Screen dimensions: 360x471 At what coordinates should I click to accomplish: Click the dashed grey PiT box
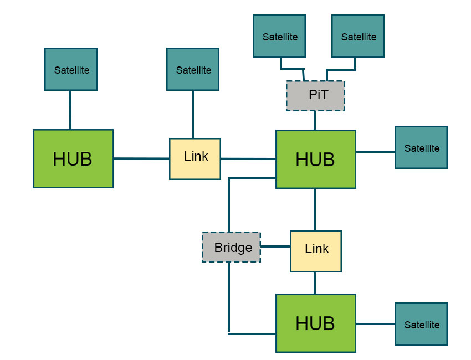click(x=315, y=96)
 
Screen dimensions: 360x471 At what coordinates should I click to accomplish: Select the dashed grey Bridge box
click(x=231, y=247)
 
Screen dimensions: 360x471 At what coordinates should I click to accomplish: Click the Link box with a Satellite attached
click(x=195, y=159)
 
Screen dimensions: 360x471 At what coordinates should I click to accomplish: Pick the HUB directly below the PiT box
click(x=315, y=160)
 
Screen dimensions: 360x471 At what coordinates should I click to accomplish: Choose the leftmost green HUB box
click(x=73, y=159)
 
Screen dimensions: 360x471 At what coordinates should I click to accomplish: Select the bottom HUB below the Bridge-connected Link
click(x=315, y=323)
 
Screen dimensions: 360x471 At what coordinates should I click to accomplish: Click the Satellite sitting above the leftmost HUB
click(x=71, y=69)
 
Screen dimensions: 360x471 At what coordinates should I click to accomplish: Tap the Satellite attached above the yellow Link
click(x=193, y=69)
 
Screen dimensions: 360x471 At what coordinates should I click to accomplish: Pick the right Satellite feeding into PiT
click(x=358, y=36)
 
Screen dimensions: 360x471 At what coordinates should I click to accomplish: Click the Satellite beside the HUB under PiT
click(x=421, y=147)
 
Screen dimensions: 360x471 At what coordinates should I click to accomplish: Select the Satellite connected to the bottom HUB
click(x=421, y=324)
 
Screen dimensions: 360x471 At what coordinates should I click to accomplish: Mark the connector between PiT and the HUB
click(x=315, y=120)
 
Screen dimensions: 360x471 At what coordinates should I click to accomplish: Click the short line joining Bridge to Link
click(x=275, y=246)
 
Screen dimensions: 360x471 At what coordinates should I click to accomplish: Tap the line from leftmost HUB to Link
click(x=141, y=158)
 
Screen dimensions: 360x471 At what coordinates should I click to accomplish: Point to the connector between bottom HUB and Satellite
click(x=375, y=323)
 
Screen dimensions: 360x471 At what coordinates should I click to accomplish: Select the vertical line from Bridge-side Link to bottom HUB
click(x=315, y=283)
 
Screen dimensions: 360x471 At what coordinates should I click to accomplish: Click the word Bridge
click(x=233, y=248)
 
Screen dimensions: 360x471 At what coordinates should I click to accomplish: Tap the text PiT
click(x=318, y=95)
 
